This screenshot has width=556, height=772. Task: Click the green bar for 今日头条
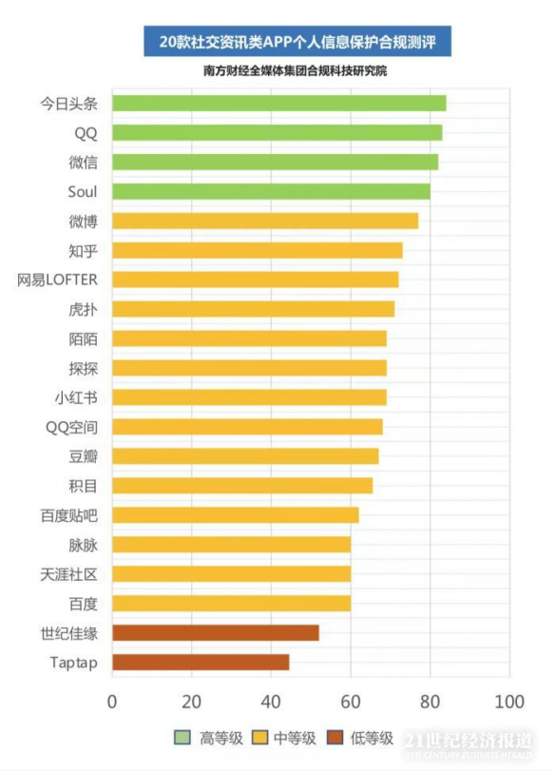click(x=278, y=104)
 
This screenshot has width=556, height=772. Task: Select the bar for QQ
click(x=277, y=133)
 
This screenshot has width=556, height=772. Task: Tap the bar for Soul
click(x=271, y=192)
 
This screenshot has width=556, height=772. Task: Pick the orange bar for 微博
click(x=265, y=222)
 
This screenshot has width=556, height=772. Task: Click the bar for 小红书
click(x=249, y=397)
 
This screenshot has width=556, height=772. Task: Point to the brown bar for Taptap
click(x=201, y=663)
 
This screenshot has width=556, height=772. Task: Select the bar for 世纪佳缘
click(x=216, y=633)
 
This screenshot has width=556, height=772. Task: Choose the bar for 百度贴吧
click(x=236, y=515)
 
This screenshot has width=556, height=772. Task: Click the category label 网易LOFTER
click(x=57, y=280)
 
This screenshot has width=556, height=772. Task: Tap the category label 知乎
click(x=83, y=251)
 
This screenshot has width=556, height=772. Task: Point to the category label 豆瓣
click(x=83, y=456)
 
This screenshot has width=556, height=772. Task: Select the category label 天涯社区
click(x=69, y=574)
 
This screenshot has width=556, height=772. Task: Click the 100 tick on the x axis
click(x=509, y=703)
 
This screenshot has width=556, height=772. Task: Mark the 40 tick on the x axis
click(x=271, y=703)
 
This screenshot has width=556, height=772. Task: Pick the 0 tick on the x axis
click(x=112, y=703)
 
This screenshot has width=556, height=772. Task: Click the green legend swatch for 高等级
click(x=183, y=738)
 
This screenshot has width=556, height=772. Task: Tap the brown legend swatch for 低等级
click(x=335, y=738)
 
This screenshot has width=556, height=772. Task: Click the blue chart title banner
click(x=297, y=42)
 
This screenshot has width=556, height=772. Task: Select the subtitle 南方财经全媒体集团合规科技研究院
click(x=296, y=71)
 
